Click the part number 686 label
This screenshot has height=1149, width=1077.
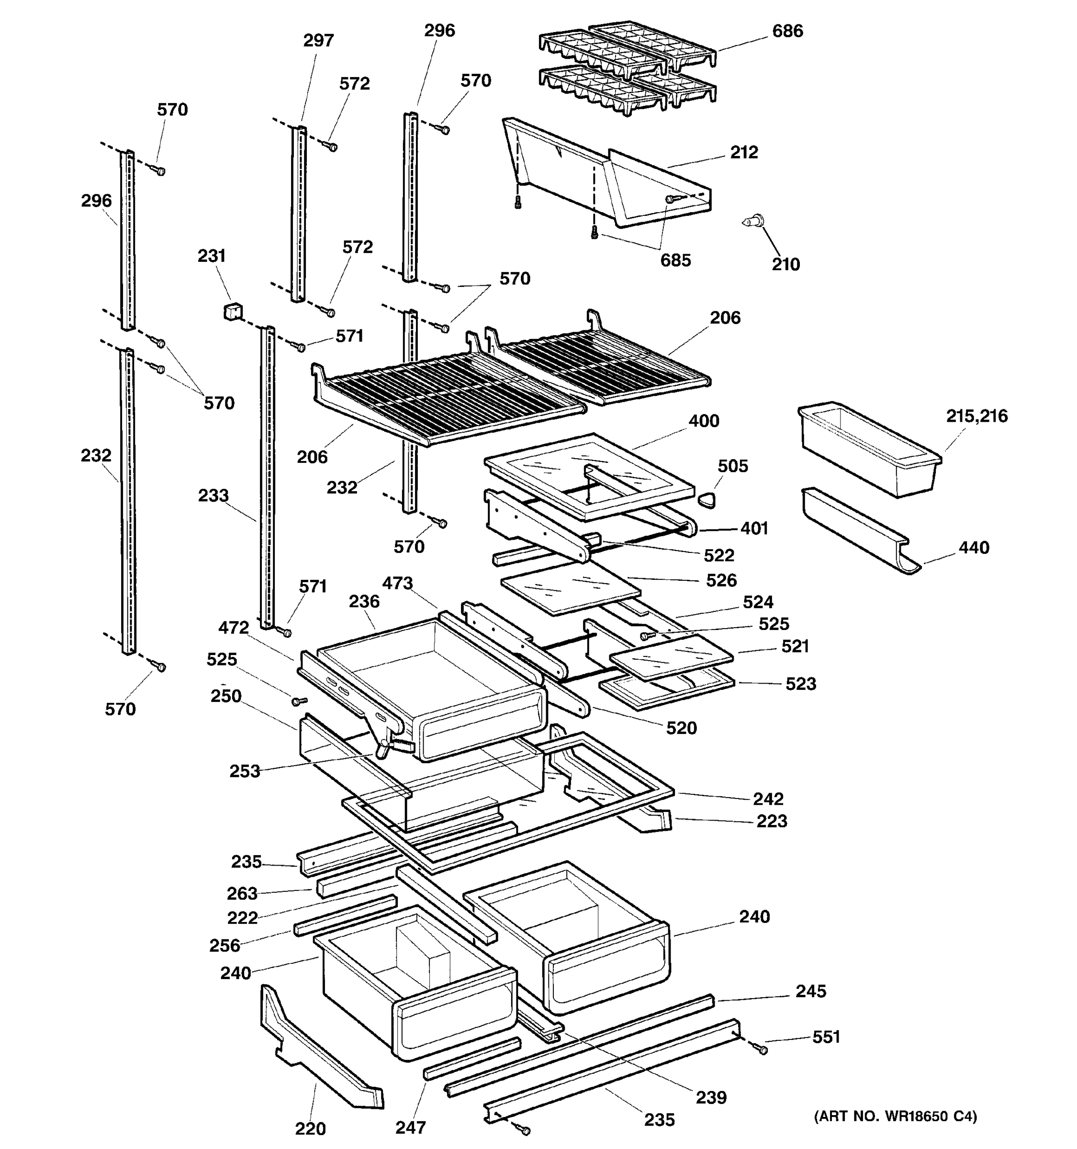tap(787, 31)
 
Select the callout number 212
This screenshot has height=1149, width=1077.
tap(744, 153)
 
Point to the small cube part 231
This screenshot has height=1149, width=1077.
tap(232, 312)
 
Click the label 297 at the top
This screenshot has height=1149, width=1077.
tap(318, 41)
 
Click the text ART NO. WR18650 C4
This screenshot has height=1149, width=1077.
tap(895, 1116)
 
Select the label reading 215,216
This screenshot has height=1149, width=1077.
tap(976, 416)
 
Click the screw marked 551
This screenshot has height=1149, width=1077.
tap(762, 1049)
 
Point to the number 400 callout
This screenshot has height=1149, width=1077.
tap(703, 421)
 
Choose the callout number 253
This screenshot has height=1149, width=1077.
tap(245, 771)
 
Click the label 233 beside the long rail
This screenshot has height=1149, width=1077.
tap(213, 496)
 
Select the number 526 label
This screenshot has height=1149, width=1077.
tap(721, 580)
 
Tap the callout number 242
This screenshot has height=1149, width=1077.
tap(768, 799)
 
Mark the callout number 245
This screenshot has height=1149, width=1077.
tap(811, 991)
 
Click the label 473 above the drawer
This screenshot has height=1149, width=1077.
tap(397, 583)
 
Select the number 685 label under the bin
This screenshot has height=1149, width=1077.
tap(675, 260)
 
